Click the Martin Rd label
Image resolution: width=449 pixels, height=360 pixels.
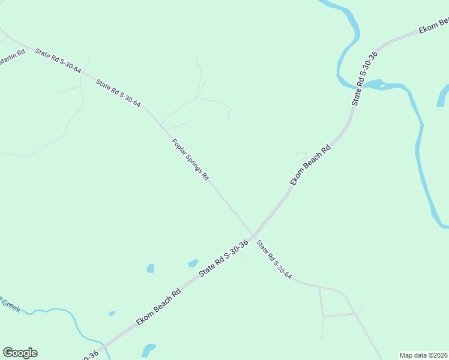pyautogui.click(x=12, y=56)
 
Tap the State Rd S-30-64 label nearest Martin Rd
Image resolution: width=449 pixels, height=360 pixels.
pyautogui.click(x=58, y=61)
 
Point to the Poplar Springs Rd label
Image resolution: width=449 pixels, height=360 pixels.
pyautogui.click(x=190, y=160)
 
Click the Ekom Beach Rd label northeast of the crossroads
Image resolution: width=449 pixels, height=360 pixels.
pyautogui.click(x=310, y=165)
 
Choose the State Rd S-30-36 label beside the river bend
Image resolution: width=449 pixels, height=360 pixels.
pyautogui.click(x=364, y=79)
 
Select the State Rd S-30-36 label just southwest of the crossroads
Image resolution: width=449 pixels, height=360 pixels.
pyautogui.click(x=223, y=259)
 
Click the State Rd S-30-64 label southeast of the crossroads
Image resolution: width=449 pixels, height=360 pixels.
pyautogui.click(x=274, y=260)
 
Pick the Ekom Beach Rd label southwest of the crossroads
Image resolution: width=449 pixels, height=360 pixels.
pyautogui.click(x=158, y=308)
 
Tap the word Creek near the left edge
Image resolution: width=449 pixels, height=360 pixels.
pyautogui.click(x=10, y=304)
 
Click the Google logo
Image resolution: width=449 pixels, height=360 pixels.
pyautogui.click(x=20, y=353)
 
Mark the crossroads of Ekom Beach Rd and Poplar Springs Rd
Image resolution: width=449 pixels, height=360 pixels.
pyautogui.click(x=253, y=236)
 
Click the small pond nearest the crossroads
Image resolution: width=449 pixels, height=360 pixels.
pyautogui.click(x=193, y=263)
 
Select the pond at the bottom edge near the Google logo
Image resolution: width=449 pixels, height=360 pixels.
pyautogui.click(x=147, y=349)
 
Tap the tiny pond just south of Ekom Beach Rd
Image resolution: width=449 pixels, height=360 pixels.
pyautogui.click(x=112, y=313)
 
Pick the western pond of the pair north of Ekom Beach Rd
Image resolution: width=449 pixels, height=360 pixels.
pyautogui.click(x=150, y=268)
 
